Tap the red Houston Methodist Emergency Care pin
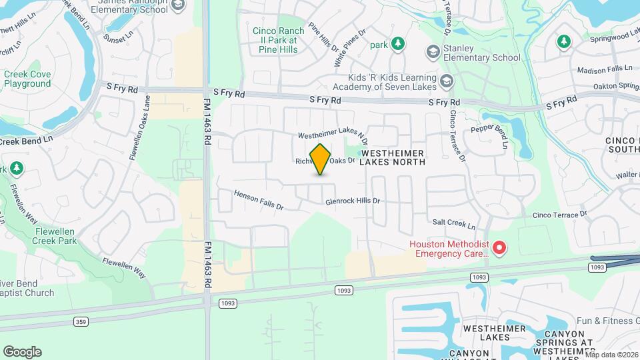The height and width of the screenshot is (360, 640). point(498,249)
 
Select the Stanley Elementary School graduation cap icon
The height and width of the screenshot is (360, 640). point(433,51)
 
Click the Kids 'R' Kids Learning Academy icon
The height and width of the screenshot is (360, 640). point(446,81)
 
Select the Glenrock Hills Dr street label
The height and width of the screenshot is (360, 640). point(352,201)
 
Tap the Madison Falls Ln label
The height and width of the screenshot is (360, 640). point(604,69)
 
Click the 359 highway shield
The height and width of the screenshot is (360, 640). point(80,321)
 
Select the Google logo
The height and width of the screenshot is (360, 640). point(22,351)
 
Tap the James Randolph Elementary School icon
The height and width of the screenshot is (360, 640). point(177,6)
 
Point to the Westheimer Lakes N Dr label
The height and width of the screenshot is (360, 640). point(333,135)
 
